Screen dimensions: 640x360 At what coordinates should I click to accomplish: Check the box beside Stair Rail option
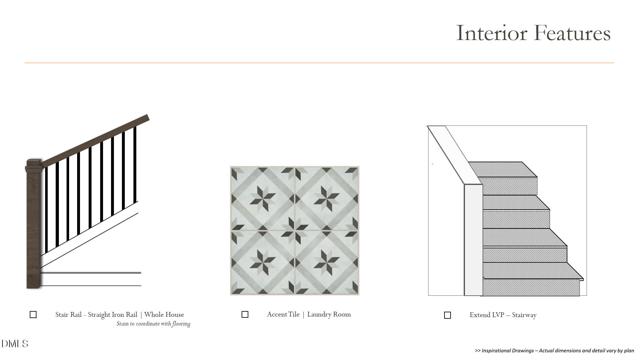33,315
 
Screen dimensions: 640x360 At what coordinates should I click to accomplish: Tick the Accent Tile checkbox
245,315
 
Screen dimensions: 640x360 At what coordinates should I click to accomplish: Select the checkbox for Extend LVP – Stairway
448,315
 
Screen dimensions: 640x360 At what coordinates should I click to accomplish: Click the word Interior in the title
492,33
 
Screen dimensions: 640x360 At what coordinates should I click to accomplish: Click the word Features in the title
572,33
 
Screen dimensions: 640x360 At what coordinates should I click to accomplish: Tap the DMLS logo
15,344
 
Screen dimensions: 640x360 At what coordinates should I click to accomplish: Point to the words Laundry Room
329,315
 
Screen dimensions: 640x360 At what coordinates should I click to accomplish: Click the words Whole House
164,315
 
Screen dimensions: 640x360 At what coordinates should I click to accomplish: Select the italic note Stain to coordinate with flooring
153,324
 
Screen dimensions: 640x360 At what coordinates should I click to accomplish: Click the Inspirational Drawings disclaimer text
555,350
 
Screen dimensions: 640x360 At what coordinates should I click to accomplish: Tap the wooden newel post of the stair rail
33,224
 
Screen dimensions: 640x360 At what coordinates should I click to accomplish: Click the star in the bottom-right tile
326,262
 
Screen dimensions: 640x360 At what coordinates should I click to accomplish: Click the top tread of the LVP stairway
502,170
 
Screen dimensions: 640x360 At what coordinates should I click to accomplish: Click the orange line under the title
319,63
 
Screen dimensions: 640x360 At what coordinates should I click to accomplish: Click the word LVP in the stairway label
497,315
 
